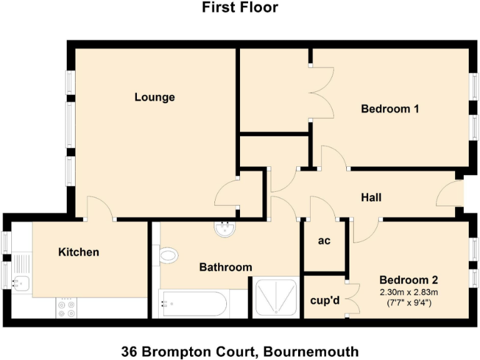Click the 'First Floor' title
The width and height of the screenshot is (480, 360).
[240, 8]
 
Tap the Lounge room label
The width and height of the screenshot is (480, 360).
[154, 97]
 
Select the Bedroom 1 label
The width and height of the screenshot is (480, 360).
[390, 109]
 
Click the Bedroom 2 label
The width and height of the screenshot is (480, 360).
[404, 279]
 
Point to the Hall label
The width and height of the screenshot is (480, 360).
[371, 197]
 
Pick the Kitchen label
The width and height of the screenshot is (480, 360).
[79, 252]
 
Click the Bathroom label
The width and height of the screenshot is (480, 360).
[226, 267]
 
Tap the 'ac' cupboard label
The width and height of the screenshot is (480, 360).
[324, 241]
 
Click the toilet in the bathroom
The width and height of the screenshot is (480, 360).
[168, 255]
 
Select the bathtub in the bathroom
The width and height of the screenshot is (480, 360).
[192, 304]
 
